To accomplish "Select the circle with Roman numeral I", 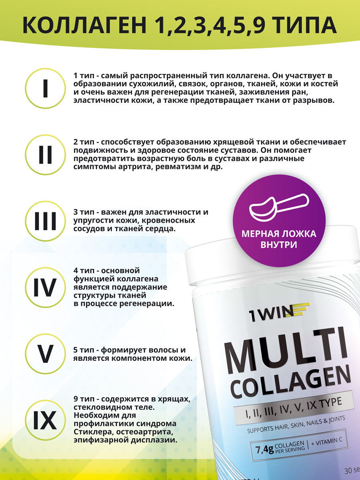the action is [45, 88].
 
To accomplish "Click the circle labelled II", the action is [45, 155].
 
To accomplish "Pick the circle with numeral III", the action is [45, 221].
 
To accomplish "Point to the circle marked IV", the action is [45, 287].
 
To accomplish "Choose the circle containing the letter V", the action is [45, 354].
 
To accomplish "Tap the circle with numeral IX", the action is [45, 420].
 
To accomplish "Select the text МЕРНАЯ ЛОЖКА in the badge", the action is [279, 234].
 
